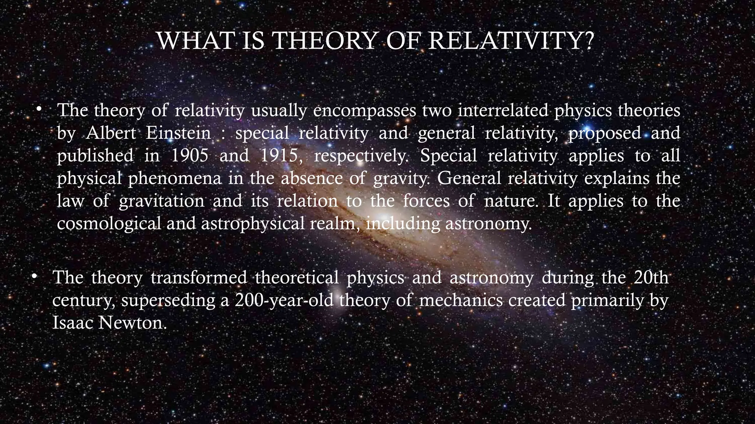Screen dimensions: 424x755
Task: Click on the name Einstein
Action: point(178,133)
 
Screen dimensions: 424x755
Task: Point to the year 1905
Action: point(190,156)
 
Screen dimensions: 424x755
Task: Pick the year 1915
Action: point(279,156)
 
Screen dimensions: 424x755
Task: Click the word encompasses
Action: point(365,111)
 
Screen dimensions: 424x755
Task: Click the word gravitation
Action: point(161,201)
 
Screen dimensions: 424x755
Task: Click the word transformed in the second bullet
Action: point(199,278)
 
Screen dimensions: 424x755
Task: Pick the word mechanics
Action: point(461,300)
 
